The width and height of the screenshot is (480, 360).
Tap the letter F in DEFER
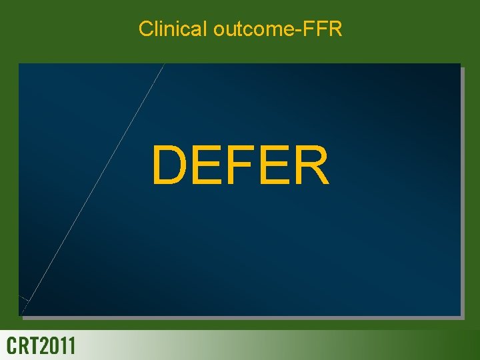(x=239, y=166)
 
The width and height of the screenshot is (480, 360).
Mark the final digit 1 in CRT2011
(x=71, y=346)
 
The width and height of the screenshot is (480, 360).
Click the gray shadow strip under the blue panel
(x=240, y=317)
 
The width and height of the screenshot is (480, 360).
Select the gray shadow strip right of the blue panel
(x=462, y=190)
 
